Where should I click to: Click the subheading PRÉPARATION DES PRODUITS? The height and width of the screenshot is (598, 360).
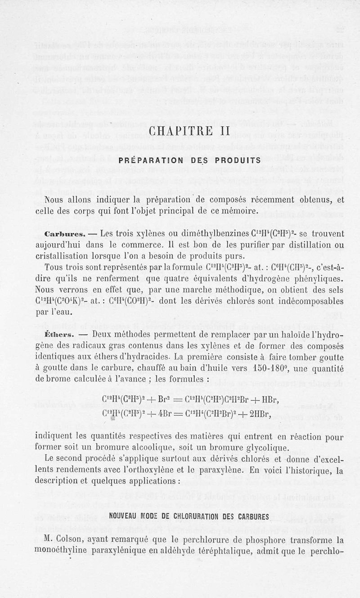189,160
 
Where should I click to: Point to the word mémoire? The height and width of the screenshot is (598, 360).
237,211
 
